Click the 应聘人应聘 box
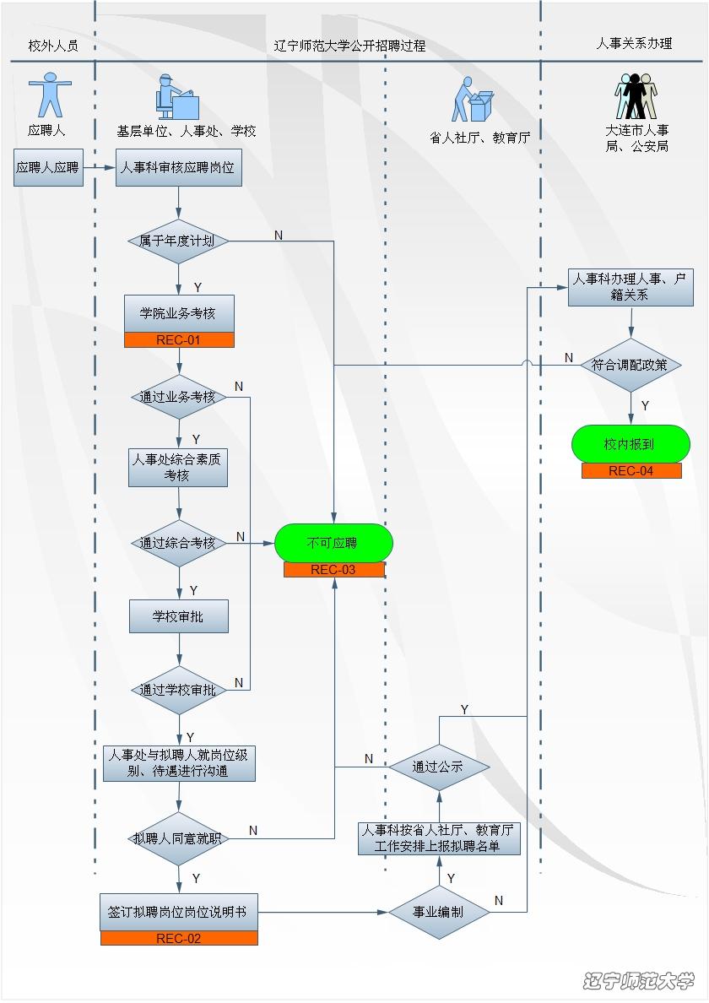coord(48,167)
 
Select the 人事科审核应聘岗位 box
coord(178,167)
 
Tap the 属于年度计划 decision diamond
coord(178,241)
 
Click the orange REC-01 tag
coord(178,340)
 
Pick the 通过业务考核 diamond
coord(178,397)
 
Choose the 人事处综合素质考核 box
coord(178,468)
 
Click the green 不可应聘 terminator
coord(333,543)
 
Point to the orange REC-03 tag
coord(333,570)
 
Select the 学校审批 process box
coord(178,616)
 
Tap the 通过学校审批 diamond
coord(178,690)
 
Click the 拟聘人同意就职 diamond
coord(178,838)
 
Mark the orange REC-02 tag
coord(178,938)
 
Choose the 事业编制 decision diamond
coord(438,912)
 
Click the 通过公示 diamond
coord(438,767)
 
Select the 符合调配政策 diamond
coord(631,366)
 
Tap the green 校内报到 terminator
coord(631,444)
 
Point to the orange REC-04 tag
coord(631,471)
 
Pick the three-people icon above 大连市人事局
coord(636,95)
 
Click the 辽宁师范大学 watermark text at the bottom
coord(638,980)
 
